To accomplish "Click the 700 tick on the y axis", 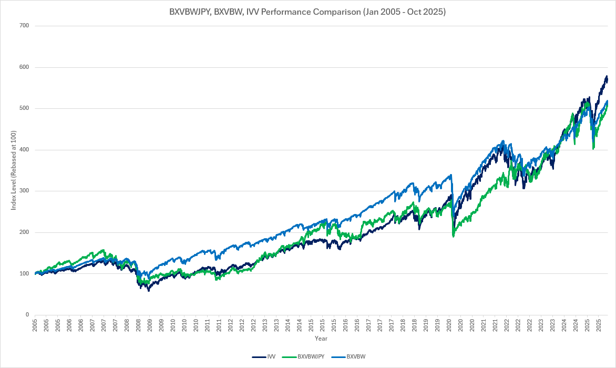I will pyautogui.click(x=24, y=26).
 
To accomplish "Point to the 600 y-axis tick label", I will pyautogui.click(x=24, y=67).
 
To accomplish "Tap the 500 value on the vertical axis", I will pyautogui.click(x=24, y=108).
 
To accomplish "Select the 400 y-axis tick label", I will pyautogui.click(x=24, y=150).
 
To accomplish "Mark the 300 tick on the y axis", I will pyautogui.click(x=24, y=191).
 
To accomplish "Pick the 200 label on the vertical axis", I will pyautogui.click(x=24, y=232).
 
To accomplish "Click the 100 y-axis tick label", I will pyautogui.click(x=24, y=273).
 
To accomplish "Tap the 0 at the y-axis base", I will pyautogui.click(x=27, y=315).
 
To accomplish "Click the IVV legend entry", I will pyautogui.click(x=271, y=356).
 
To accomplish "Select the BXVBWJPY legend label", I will pyautogui.click(x=311, y=356).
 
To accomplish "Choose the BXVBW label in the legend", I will pyautogui.click(x=356, y=356).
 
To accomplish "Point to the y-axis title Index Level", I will pyautogui.click(x=14, y=170).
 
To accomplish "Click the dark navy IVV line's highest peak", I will pyautogui.click(x=607, y=77).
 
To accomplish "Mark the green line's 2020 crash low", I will pyautogui.click(x=453, y=237).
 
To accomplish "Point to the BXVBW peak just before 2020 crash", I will pyautogui.click(x=450, y=176).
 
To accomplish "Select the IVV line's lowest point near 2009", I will pyautogui.click(x=149, y=290).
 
